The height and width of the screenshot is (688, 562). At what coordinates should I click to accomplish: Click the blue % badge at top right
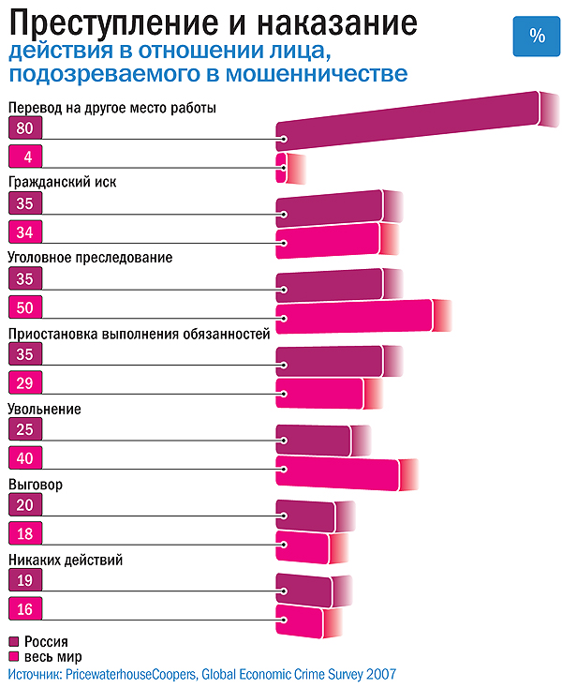click(x=537, y=36)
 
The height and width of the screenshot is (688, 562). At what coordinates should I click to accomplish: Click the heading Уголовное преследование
click(x=90, y=257)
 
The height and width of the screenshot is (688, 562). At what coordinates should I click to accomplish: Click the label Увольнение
click(x=44, y=410)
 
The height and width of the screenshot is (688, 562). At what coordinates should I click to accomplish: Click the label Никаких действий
click(x=66, y=561)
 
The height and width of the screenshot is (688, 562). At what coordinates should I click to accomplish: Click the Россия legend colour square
click(x=13, y=643)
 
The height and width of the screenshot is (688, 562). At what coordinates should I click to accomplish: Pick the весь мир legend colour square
click(x=13, y=657)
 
